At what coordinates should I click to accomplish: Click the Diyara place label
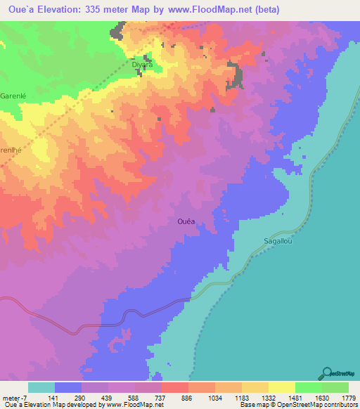click(143, 65)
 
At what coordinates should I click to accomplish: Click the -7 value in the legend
click(28, 396)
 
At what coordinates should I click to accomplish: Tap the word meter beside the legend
click(12, 396)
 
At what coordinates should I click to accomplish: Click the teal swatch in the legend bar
click(41, 387)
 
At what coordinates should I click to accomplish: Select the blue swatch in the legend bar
click(68, 387)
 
